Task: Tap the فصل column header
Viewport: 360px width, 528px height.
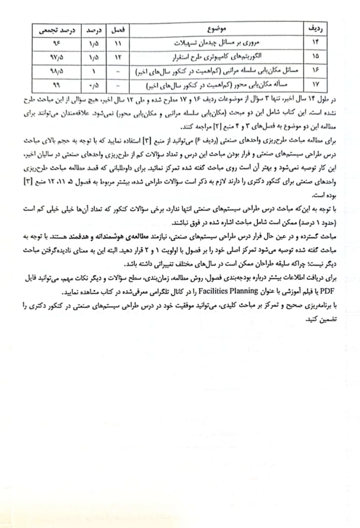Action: click(x=118, y=30)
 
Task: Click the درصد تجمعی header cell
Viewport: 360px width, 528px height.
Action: click(x=54, y=30)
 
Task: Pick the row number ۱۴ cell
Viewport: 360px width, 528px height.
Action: click(x=316, y=43)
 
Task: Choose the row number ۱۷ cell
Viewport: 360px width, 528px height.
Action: click(x=316, y=85)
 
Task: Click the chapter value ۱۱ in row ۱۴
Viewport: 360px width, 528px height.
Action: click(x=118, y=43)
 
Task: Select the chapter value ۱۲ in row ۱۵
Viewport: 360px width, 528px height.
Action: click(x=118, y=57)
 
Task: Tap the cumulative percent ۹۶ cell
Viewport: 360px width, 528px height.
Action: click(x=54, y=43)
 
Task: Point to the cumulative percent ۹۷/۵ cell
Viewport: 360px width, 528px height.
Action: click(x=54, y=57)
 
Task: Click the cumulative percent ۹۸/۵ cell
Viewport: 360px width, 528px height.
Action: click(x=54, y=71)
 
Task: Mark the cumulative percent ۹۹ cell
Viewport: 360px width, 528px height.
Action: click(x=54, y=85)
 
